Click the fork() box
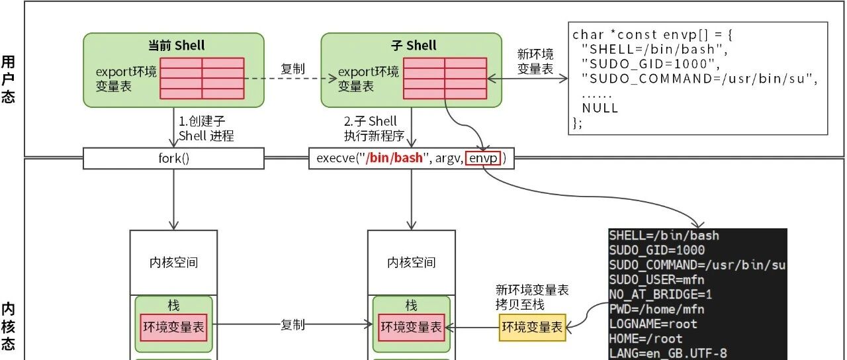pyautogui.click(x=173, y=158)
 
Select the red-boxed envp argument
pyautogui.click(x=483, y=157)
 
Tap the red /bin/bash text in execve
pyautogui.click(x=394, y=157)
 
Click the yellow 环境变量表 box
pyautogui.click(x=533, y=327)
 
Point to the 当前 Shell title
pyautogui.click(x=176, y=46)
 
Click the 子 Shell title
pyautogui.click(x=414, y=46)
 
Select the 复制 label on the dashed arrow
pyautogui.click(x=292, y=69)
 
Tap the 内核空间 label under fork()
pyautogui.click(x=173, y=263)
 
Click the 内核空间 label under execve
pyautogui.click(x=412, y=263)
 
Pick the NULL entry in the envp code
pyautogui.click(x=600, y=108)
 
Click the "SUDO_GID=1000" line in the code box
pyautogui.click(x=650, y=64)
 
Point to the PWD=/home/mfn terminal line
pyautogui.click(x=656, y=309)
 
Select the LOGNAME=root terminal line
pyautogui.click(x=652, y=324)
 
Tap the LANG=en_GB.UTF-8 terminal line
pyautogui.click(x=668, y=353)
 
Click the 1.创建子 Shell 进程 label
pyautogui.click(x=206, y=128)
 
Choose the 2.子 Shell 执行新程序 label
pyautogui.click(x=375, y=128)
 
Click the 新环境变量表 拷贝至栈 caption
pyautogui.click(x=532, y=297)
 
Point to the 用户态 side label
pyautogui.click(x=8, y=79)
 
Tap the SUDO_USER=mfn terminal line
pyautogui.click(x=656, y=280)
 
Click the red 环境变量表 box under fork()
pyautogui.click(x=173, y=327)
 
